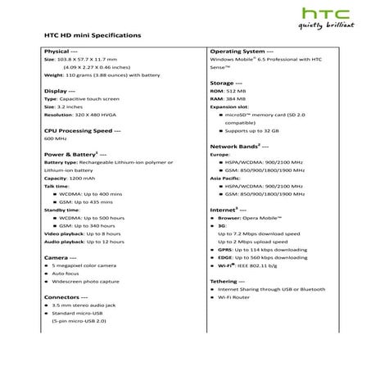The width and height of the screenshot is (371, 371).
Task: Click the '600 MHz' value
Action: pyautogui.click(x=55, y=139)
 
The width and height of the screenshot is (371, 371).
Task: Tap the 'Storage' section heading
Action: pyautogui.click(x=226, y=83)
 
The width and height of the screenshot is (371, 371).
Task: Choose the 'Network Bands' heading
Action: pyautogui.click(x=238, y=145)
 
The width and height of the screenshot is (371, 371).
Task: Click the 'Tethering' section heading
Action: pyautogui.click(x=230, y=280)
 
